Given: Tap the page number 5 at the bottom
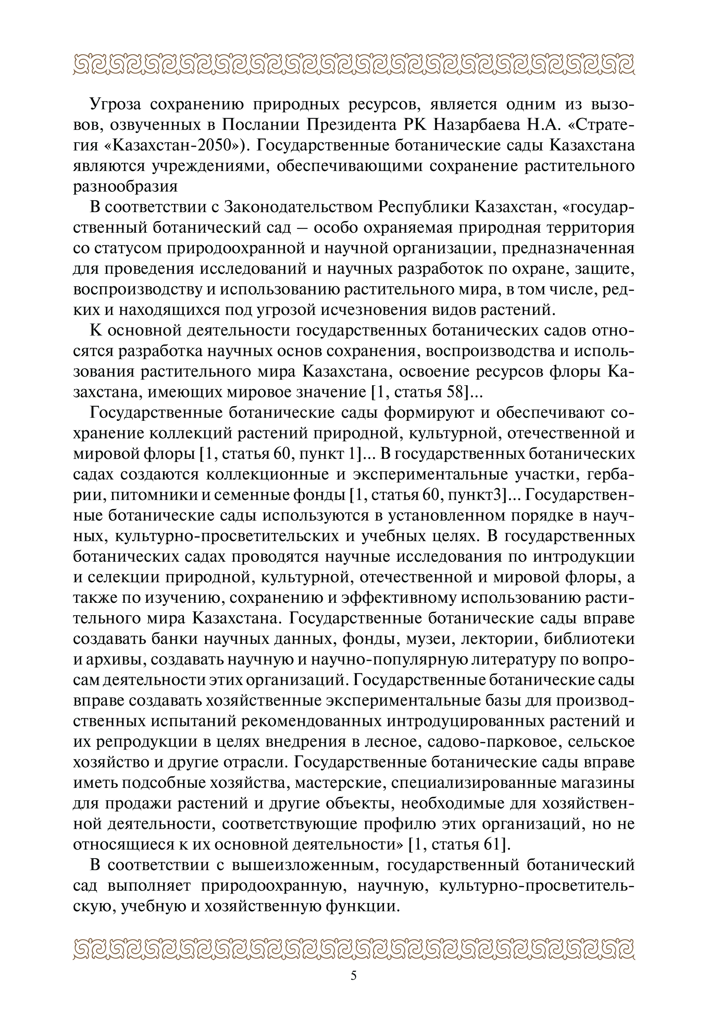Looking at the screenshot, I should tap(354, 975).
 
